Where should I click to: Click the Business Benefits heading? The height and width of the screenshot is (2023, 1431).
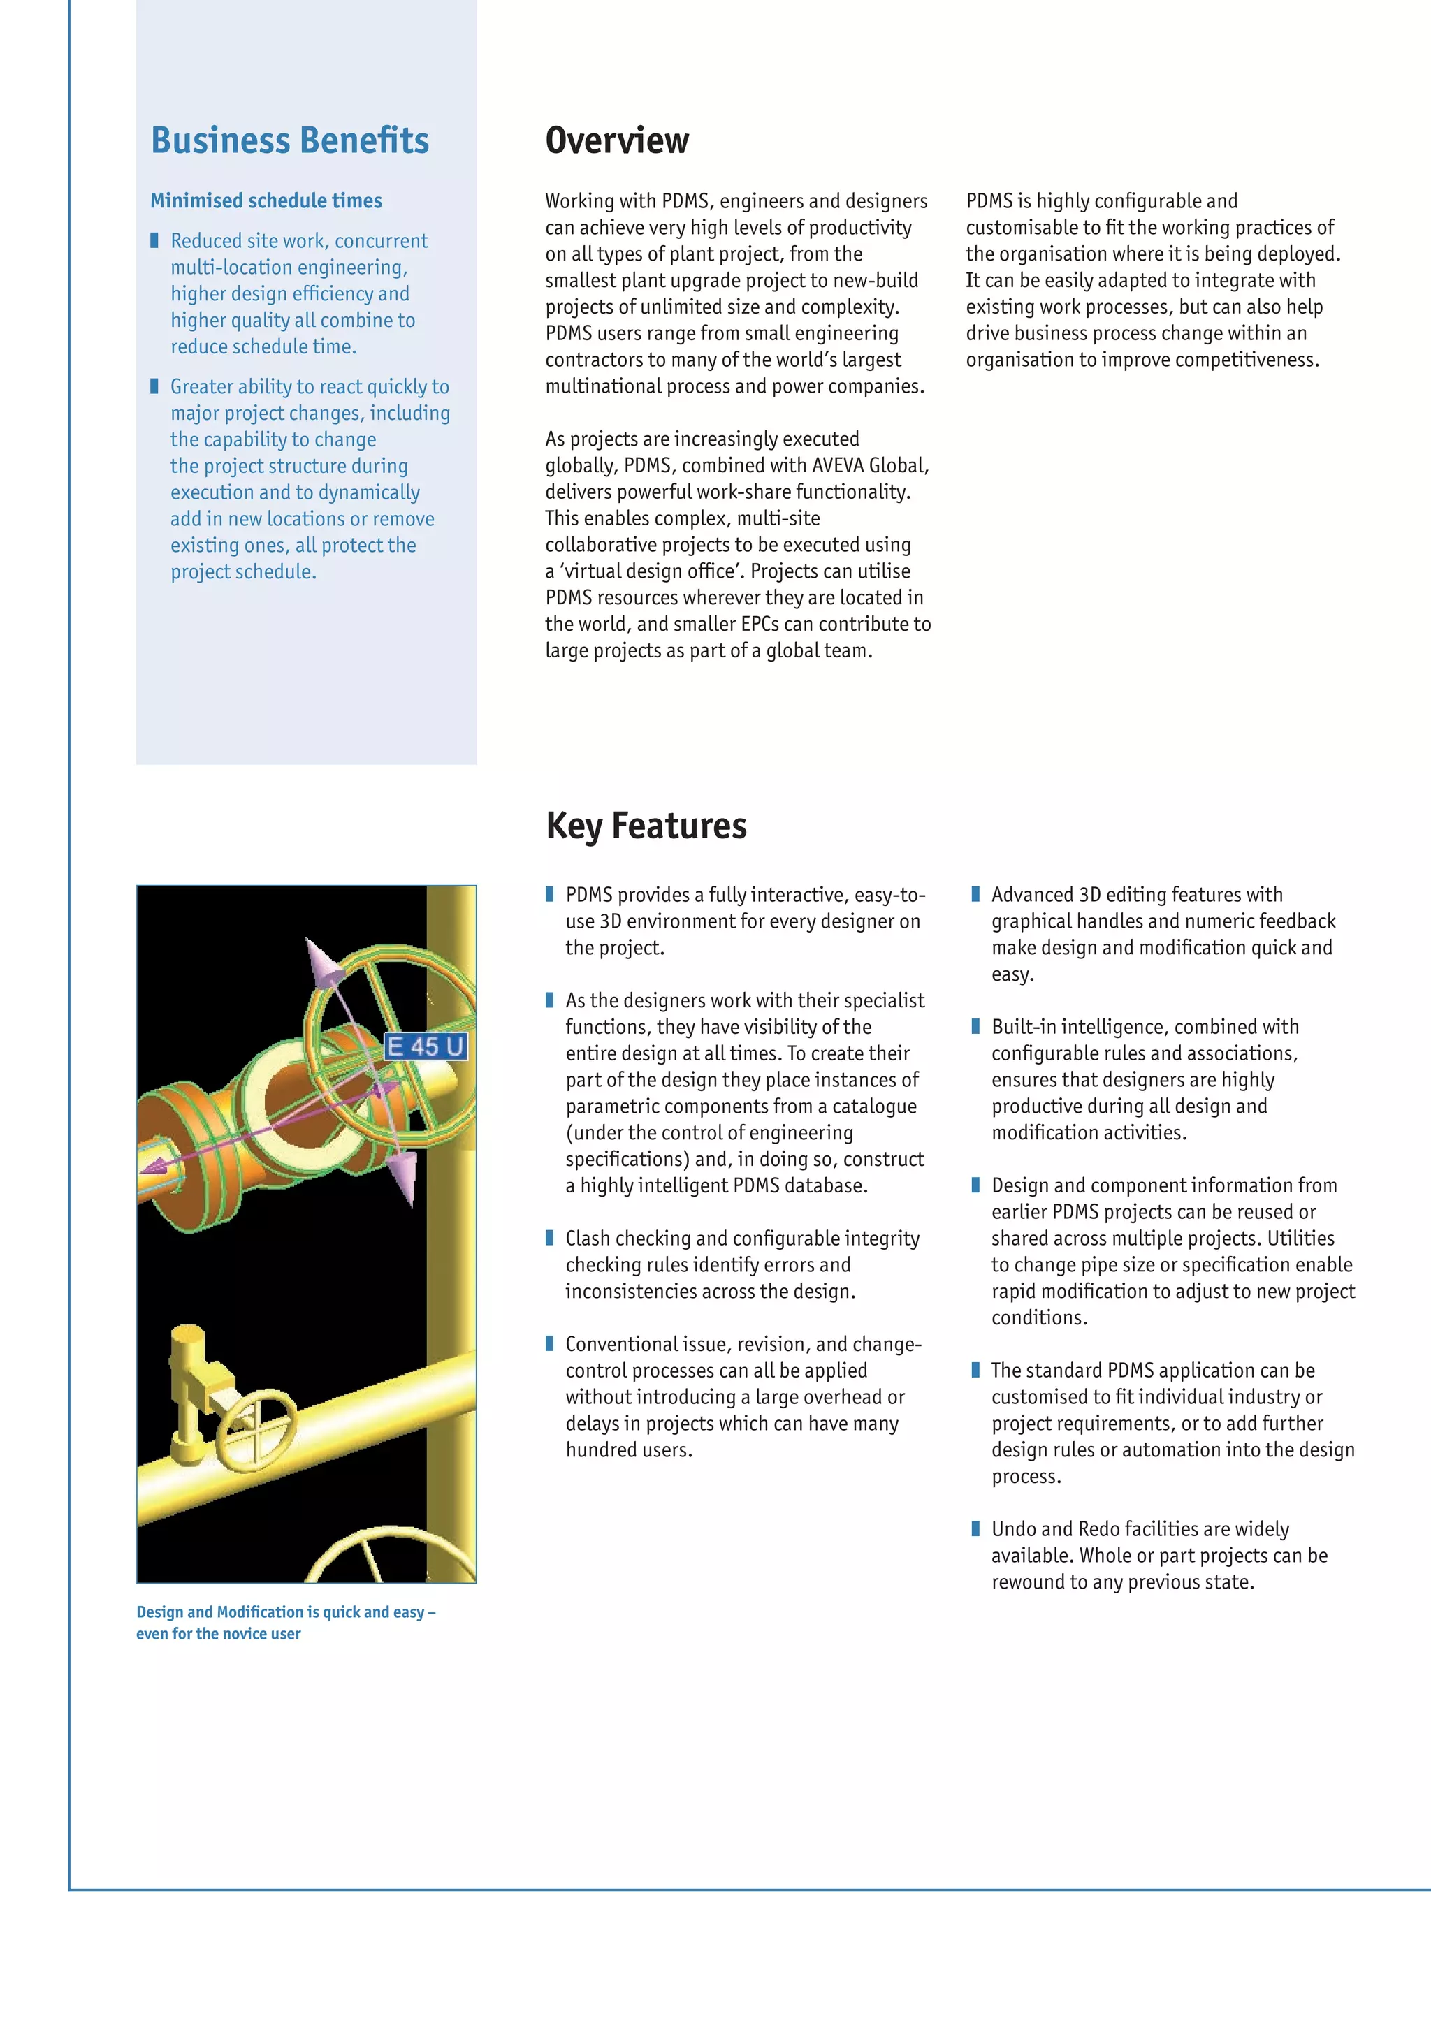point(289,141)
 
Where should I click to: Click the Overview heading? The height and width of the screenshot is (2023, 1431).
point(617,141)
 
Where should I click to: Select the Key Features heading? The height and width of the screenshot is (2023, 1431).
point(646,826)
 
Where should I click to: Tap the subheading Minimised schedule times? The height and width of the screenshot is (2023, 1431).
point(266,201)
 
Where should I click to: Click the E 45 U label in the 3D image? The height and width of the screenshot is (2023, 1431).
point(426,1046)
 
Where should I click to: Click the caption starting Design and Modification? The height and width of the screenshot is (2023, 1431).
point(286,1622)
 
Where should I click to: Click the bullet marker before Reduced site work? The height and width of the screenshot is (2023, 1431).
point(154,240)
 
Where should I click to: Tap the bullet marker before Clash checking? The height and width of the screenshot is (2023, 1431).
point(549,1238)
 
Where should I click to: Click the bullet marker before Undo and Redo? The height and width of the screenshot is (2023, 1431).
point(975,1528)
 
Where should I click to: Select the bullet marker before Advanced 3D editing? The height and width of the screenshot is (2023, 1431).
point(975,894)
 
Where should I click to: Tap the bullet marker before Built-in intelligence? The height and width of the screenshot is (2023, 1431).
point(975,1026)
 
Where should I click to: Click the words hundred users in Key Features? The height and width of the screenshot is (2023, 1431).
point(628,1449)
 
